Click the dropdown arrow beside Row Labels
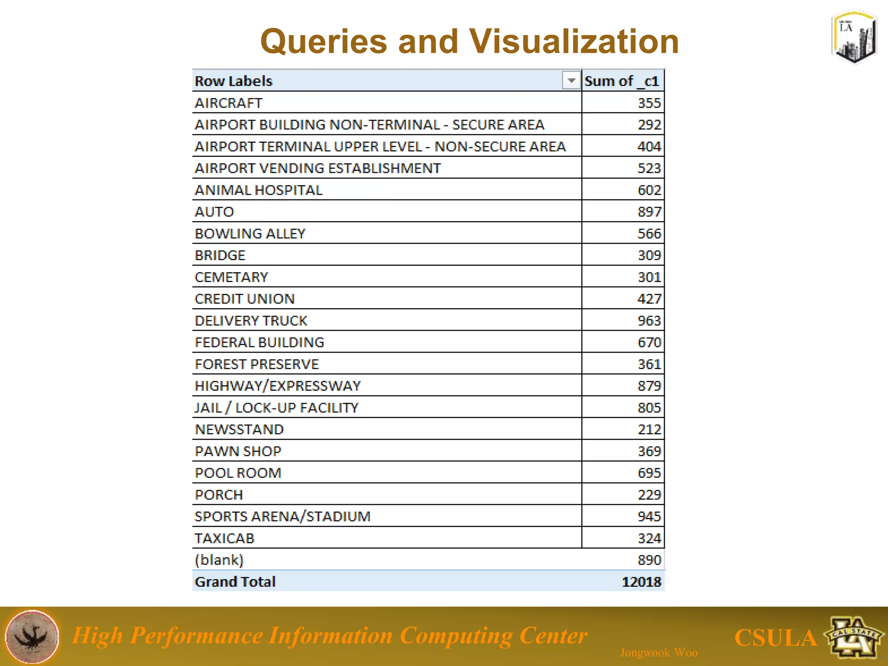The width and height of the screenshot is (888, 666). [x=571, y=81]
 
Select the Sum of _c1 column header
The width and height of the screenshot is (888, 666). [x=622, y=81]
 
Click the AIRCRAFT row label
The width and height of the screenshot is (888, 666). [x=229, y=103]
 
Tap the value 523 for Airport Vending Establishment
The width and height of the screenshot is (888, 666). [x=649, y=168]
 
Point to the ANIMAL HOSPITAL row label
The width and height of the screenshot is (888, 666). [x=258, y=190]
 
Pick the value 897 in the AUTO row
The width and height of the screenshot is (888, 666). [x=649, y=212]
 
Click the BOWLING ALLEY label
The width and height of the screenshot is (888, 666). [x=250, y=234]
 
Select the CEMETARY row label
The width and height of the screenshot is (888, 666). [x=232, y=277]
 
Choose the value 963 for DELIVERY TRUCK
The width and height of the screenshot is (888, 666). [x=649, y=321]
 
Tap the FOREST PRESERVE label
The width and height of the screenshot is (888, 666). [x=257, y=364]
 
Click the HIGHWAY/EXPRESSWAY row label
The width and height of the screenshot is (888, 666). [x=277, y=386]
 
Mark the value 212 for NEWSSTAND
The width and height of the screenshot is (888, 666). [x=649, y=430]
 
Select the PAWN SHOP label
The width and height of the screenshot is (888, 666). [x=238, y=451]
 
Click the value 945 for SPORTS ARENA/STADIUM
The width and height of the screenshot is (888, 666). [x=649, y=516]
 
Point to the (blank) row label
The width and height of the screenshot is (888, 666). [x=219, y=560]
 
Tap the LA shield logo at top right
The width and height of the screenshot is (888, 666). [x=854, y=37]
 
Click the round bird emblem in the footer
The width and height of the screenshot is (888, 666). [x=32, y=637]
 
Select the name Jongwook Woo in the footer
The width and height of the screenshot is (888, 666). [x=659, y=653]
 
